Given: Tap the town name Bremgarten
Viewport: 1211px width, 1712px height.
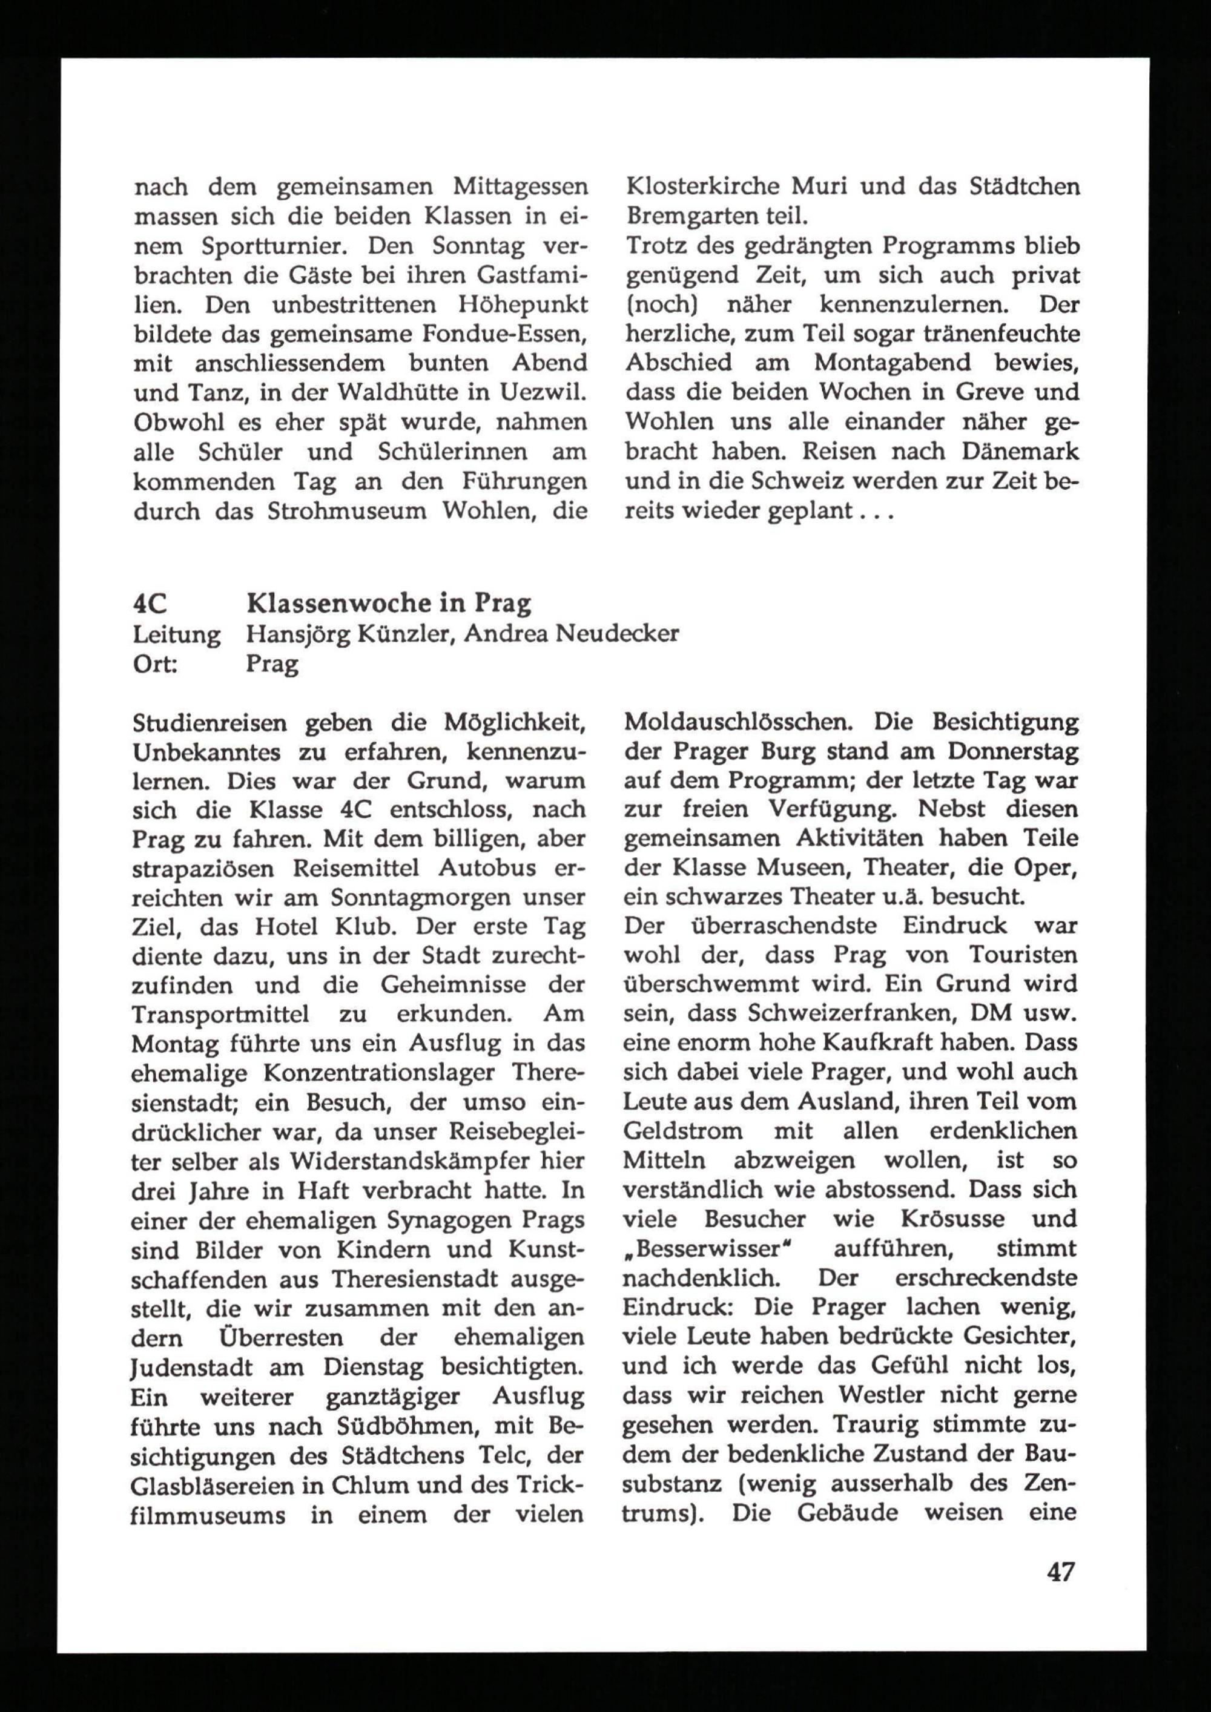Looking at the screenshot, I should (x=685, y=216).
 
